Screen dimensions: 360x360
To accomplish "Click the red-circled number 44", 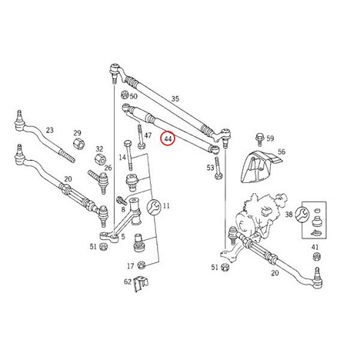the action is pyautogui.click(x=168, y=138).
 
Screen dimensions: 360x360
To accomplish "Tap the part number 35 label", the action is pyautogui.click(x=175, y=98).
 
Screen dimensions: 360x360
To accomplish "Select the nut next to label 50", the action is pyautogui.click(x=125, y=95).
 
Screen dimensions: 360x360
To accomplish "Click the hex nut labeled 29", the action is pyautogui.click(x=79, y=144).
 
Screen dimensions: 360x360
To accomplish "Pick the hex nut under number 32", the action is pyautogui.click(x=100, y=159).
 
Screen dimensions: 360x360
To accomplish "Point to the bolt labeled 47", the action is pyautogui.click(x=141, y=136).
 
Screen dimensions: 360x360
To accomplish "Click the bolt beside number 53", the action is pyautogui.click(x=218, y=168).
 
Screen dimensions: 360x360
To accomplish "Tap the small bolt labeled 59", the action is pyautogui.click(x=259, y=138).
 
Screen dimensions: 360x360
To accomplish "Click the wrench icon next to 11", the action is pyautogui.click(x=154, y=207).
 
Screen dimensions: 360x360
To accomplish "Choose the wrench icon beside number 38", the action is pyautogui.click(x=302, y=213).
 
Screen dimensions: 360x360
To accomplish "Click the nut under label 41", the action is pyautogui.click(x=316, y=257).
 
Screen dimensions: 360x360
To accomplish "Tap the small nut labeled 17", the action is pyautogui.click(x=141, y=265).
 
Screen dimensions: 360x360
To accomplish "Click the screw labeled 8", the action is pyautogui.click(x=122, y=200).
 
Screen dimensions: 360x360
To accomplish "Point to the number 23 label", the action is pyautogui.click(x=50, y=130).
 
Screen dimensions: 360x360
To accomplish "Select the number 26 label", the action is pyautogui.click(x=108, y=168).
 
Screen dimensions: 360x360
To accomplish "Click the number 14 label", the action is pyautogui.click(x=122, y=157).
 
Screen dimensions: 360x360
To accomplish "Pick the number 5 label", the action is pyautogui.click(x=123, y=236).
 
